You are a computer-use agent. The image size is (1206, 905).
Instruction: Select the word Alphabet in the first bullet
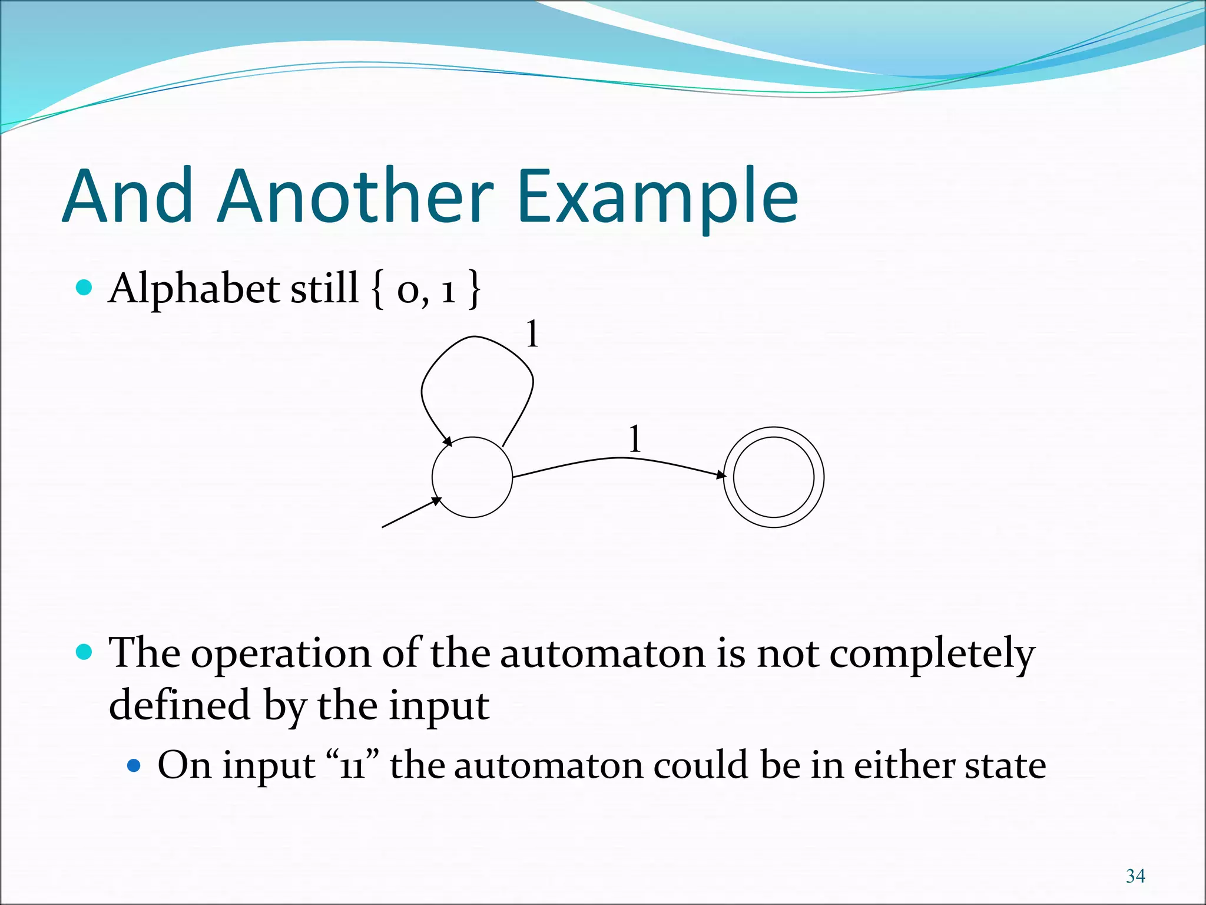click(194, 289)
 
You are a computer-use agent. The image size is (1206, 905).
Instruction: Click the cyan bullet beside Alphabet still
click(85, 288)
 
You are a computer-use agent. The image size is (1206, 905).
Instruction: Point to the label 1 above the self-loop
click(532, 334)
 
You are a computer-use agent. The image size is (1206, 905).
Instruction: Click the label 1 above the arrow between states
click(635, 439)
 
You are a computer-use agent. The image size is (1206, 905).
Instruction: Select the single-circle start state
click(472, 477)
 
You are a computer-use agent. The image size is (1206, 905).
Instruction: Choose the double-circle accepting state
click(773, 477)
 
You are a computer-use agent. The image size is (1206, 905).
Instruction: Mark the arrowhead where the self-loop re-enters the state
click(447, 441)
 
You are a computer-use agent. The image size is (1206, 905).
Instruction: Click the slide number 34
click(1135, 876)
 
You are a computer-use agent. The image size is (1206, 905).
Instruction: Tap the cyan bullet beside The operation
click(85, 652)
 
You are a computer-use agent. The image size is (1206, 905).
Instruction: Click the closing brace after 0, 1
click(474, 289)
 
